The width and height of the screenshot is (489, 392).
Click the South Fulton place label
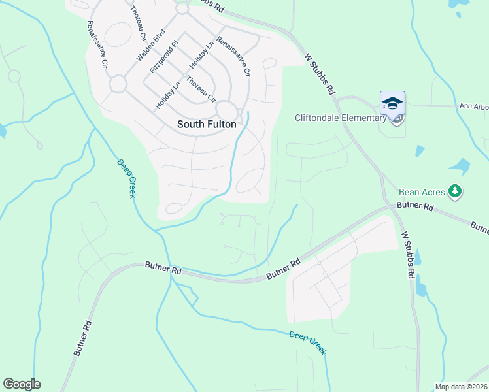point(207,123)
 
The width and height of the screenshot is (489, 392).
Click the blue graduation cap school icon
point(392,105)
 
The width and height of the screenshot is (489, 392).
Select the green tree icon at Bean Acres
point(456,191)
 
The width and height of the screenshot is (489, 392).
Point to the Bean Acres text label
point(422,192)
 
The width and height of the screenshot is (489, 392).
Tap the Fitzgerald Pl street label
point(164,57)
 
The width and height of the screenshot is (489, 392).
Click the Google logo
point(22,384)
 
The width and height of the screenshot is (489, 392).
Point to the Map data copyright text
point(461,387)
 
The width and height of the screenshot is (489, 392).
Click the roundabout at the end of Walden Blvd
point(118,84)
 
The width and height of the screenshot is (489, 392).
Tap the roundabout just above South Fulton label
point(226,109)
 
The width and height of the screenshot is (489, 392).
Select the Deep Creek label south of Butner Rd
point(307,342)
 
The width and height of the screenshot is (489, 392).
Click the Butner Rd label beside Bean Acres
point(418,206)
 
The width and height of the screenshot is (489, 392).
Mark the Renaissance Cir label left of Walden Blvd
point(96,45)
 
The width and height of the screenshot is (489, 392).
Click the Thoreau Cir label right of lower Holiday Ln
point(201,90)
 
